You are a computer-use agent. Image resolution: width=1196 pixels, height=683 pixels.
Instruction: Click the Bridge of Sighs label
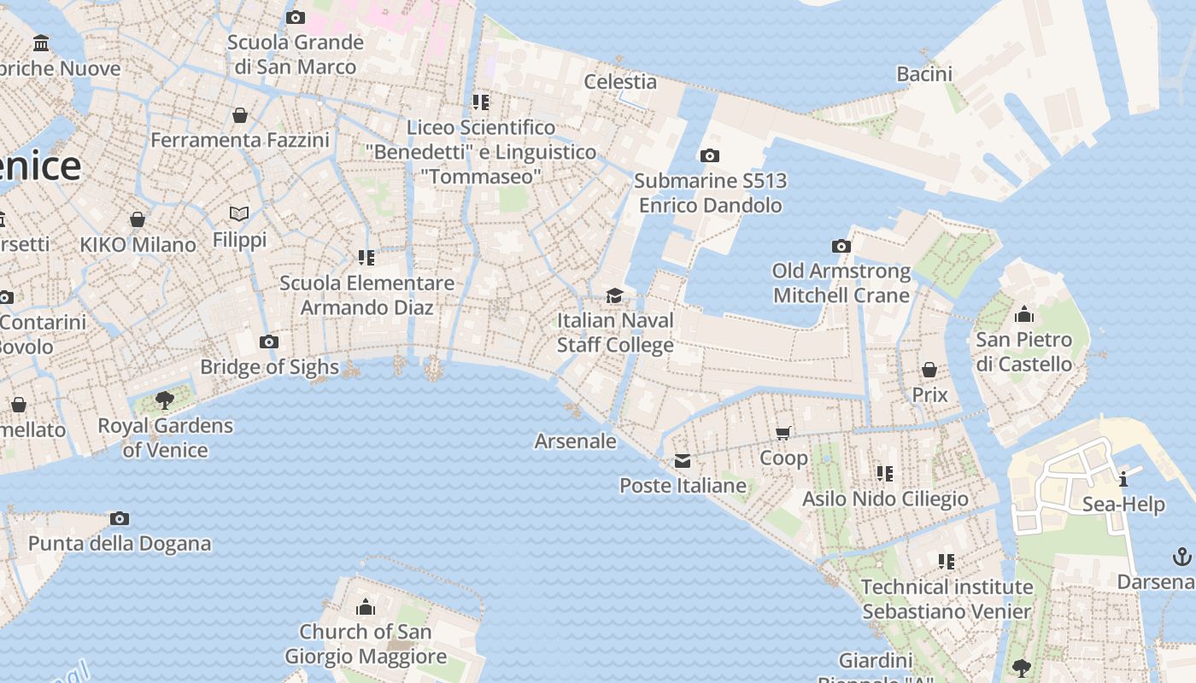269,367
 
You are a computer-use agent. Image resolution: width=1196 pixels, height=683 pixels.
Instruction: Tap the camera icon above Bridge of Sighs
269,342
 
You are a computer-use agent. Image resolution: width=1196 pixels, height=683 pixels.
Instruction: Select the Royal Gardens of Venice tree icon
165,400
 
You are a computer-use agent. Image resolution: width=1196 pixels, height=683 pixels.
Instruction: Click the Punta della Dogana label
120,544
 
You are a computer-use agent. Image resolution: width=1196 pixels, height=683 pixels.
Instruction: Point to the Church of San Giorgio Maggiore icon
366,607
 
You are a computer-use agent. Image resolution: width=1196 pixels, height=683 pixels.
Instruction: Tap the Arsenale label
575,441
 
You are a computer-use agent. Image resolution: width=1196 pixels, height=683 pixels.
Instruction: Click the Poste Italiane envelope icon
683,461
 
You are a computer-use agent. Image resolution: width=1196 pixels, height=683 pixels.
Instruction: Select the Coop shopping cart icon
783,433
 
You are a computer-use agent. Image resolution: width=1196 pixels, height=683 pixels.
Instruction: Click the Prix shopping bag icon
929,370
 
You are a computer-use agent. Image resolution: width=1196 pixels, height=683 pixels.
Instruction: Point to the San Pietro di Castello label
1023,352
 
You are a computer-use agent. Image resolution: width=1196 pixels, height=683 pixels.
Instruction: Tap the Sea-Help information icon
1123,478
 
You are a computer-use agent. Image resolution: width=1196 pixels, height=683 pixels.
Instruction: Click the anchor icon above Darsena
1182,557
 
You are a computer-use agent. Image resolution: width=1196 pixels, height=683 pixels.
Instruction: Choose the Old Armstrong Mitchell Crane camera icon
841,246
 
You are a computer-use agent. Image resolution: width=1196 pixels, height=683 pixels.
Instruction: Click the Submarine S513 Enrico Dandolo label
710,193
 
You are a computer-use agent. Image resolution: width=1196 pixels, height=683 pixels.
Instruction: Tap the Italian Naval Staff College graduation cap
614,295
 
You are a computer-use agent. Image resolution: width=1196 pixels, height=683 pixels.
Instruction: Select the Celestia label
620,82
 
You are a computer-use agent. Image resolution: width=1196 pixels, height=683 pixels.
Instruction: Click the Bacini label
924,74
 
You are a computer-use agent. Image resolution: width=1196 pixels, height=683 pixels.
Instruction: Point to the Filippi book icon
239,213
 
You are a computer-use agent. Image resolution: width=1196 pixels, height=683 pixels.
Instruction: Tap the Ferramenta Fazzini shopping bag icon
240,114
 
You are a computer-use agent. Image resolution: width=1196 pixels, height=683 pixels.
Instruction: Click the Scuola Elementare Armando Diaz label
367,295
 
